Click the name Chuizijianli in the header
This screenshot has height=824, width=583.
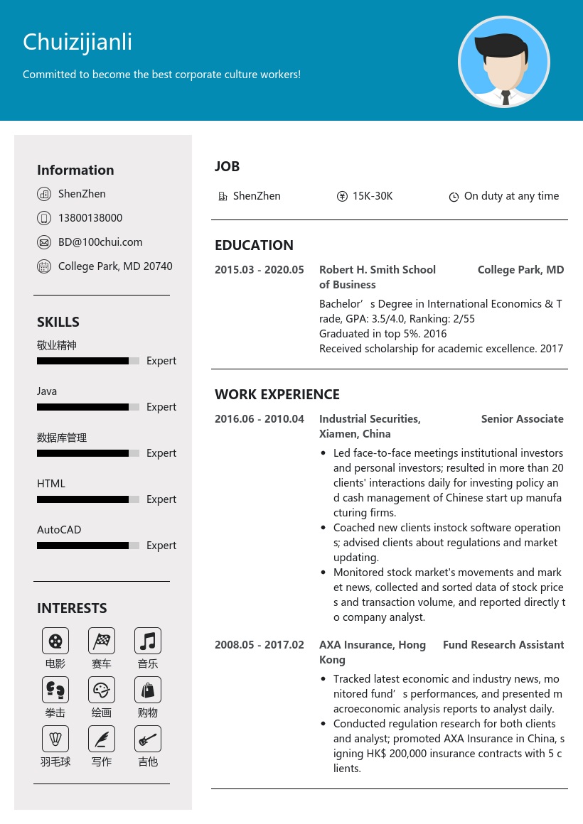click(x=77, y=42)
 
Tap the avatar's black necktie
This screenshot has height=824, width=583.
click(x=506, y=97)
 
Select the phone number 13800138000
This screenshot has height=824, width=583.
click(x=90, y=218)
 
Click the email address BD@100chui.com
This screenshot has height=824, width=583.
click(x=100, y=242)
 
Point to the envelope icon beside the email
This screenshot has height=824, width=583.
click(x=44, y=242)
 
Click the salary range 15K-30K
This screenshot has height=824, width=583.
click(x=373, y=196)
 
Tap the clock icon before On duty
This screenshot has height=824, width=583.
click(x=454, y=197)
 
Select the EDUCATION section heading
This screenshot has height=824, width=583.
click(x=254, y=245)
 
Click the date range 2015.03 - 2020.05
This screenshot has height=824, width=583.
click(x=260, y=270)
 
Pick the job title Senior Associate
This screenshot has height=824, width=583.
click(x=522, y=419)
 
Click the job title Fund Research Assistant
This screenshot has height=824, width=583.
click(x=503, y=645)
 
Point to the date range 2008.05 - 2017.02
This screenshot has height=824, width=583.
click(x=260, y=645)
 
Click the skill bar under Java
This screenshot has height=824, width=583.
click(x=87, y=407)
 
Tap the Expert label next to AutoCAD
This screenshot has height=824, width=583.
click(x=161, y=546)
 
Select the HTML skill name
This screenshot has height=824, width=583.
click(x=51, y=484)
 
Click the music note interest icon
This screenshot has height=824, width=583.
click(x=148, y=641)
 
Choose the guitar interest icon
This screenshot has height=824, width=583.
click(x=148, y=739)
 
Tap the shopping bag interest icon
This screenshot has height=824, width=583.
click(x=148, y=690)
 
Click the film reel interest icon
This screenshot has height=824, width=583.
click(x=55, y=641)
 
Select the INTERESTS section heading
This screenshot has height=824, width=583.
click(x=72, y=608)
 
